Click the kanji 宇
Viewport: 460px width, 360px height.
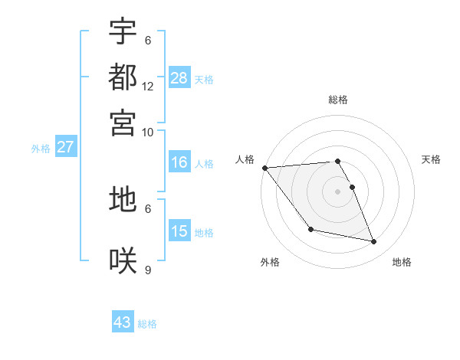pos(123,31)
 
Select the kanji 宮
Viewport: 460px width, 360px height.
pos(123,122)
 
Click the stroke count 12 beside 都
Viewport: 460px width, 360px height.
pos(148,87)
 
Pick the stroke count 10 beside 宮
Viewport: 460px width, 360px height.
pos(148,132)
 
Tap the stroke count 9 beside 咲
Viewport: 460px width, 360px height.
pos(148,270)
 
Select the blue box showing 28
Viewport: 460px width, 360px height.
pos(179,78)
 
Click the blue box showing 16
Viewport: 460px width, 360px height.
pos(179,162)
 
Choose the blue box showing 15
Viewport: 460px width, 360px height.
pos(179,231)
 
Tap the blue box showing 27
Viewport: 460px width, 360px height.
pos(65,147)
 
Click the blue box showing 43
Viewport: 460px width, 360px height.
pos(123,322)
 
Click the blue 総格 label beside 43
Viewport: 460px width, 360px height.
pos(147,324)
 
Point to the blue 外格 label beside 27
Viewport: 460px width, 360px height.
pos(41,149)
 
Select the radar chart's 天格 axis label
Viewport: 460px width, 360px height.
pos(431,159)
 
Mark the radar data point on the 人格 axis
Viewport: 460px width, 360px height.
pos(264,168)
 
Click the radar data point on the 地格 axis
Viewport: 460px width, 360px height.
pos(374,242)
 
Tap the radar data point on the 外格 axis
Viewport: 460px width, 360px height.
pos(310,229)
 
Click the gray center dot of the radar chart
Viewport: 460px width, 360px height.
pos(337,191)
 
